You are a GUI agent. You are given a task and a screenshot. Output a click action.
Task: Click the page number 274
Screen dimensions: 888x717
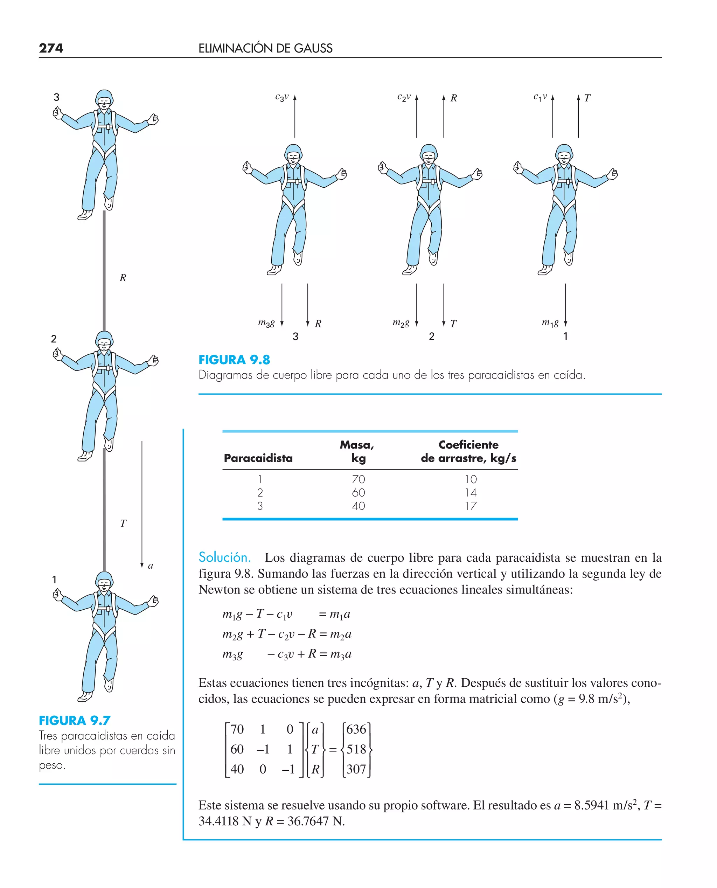[x=51, y=48]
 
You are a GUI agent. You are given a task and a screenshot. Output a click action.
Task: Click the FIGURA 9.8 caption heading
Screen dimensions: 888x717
[x=234, y=360]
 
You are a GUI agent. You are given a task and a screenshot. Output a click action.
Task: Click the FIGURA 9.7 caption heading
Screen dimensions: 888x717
[x=75, y=720]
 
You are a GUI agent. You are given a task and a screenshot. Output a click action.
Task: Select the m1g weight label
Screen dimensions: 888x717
[x=550, y=323]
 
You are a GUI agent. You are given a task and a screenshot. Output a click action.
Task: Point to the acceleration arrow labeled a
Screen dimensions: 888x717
[x=142, y=504]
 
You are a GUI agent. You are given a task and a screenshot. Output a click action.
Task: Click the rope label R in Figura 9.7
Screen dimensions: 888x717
[x=123, y=278]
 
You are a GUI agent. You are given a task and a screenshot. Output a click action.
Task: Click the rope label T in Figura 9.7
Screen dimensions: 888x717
[x=123, y=523]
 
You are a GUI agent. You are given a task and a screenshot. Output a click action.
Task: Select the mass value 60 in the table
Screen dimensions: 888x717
[x=358, y=492]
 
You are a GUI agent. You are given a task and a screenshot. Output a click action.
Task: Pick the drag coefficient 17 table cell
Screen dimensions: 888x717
[x=471, y=506]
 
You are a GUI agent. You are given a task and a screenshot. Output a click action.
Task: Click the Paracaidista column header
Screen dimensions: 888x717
[x=258, y=458]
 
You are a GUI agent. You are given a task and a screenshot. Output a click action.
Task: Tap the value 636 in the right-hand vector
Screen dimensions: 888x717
[x=356, y=729]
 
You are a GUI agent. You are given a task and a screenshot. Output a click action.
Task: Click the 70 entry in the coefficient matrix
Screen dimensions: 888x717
[x=237, y=729]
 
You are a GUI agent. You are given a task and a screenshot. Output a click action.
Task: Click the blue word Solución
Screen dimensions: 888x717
[x=225, y=557]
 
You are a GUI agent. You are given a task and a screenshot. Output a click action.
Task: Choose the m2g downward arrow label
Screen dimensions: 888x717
[x=401, y=323]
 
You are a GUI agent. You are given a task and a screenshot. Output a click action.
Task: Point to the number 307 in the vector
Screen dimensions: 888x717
[x=356, y=769]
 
